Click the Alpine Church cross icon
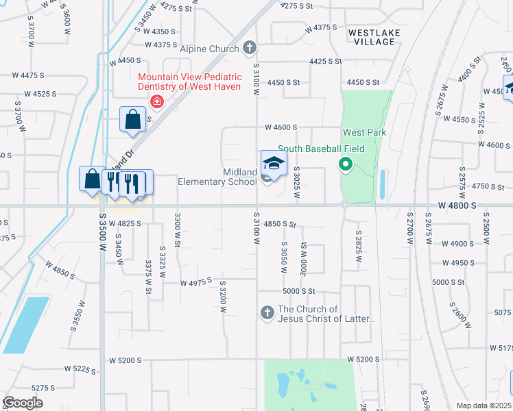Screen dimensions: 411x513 tap(250, 49)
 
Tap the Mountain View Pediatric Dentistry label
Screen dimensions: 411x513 tap(189, 82)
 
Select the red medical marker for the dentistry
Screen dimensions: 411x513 tap(157, 102)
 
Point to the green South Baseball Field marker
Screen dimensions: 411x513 tap(346, 165)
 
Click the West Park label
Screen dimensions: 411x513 tap(365, 132)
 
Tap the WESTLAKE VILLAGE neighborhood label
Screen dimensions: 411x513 tap(371, 37)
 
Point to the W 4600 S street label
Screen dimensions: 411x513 tap(281, 127)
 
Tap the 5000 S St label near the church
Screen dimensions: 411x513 tap(298, 291)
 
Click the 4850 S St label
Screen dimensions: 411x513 tap(278, 224)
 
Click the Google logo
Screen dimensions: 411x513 tap(23, 403)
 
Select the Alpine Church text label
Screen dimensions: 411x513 tap(209, 49)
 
